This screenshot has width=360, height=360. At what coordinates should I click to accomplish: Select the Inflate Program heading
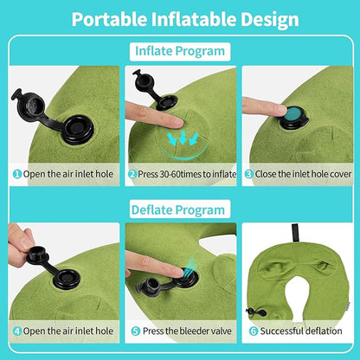[179, 51]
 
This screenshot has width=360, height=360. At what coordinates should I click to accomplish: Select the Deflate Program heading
[179, 209]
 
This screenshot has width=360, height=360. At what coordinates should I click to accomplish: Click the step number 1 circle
[16, 173]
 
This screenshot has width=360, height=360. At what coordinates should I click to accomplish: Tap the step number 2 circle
[132, 173]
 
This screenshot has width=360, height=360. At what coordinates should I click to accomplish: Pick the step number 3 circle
[247, 173]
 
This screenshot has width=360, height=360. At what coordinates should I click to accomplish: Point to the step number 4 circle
[16, 330]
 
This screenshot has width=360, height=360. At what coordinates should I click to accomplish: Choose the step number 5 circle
[136, 330]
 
